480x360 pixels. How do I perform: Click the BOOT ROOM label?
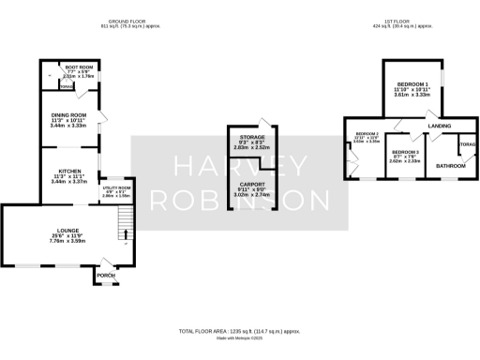click(76, 67)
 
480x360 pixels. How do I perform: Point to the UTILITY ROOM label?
click(116, 187)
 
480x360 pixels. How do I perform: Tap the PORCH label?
click(105, 276)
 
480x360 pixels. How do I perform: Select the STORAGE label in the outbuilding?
click(251, 138)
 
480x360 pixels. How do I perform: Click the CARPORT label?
click(251, 184)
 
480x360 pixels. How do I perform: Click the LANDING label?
click(439, 126)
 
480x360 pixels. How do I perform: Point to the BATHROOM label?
click(446, 165)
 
